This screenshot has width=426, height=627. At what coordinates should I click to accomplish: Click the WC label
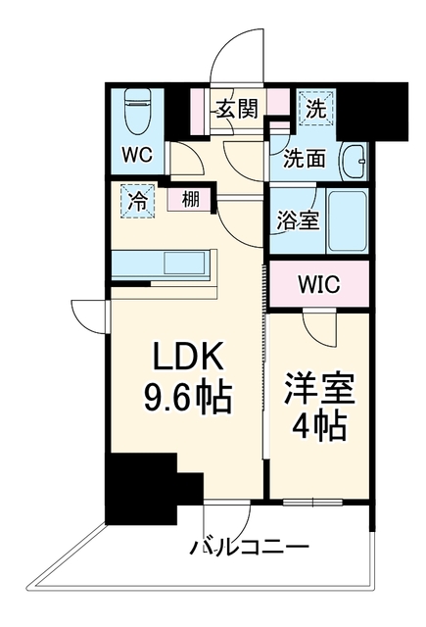click(137, 155)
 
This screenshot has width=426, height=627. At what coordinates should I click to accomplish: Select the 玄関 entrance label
click(237, 108)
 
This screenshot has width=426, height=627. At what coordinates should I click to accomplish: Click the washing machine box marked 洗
click(316, 108)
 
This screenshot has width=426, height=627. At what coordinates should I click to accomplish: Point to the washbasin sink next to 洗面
click(353, 162)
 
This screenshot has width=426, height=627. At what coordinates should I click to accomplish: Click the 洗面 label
click(304, 159)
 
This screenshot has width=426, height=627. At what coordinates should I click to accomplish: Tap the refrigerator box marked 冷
click(137, 201)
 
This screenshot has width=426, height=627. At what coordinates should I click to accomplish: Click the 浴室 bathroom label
click(299, 220)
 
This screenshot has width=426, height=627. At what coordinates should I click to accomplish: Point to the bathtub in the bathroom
click(348, 219)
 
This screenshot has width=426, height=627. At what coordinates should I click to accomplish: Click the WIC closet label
click(319, 284)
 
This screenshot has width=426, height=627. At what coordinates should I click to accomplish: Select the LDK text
click(188, 357)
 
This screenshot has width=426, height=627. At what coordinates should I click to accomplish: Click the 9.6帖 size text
click(188, 398)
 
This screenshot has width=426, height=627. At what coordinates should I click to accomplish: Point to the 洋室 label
click(319, 389)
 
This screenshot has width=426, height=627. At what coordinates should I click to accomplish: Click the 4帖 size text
click(319, 427)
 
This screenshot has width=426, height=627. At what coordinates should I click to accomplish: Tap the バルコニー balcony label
click(250, 547)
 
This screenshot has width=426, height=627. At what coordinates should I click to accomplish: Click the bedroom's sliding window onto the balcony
click(313, 502)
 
